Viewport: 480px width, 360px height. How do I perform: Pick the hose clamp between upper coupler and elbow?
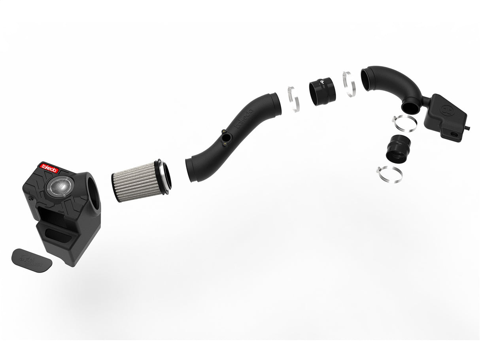(349, 84)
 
